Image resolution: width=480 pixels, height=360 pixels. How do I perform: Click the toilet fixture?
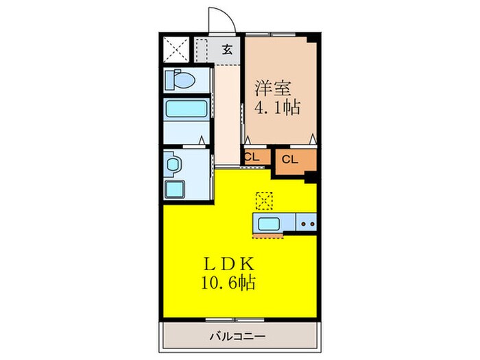[180, 80]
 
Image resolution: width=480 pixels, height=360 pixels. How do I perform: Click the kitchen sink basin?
[269, 223]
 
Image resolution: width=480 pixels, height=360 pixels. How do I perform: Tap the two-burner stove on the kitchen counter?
[306, 223]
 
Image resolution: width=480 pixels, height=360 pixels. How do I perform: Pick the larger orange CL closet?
[289, 160]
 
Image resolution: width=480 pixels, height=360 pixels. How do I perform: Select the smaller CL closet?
[252, 157]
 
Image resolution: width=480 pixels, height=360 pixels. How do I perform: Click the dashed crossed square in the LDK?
[264, 200]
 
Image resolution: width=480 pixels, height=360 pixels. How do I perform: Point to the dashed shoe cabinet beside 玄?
[204, 49]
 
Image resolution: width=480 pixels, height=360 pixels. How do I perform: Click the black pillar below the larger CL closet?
[310, 177]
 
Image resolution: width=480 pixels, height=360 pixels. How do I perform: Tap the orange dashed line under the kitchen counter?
[267, 237]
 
